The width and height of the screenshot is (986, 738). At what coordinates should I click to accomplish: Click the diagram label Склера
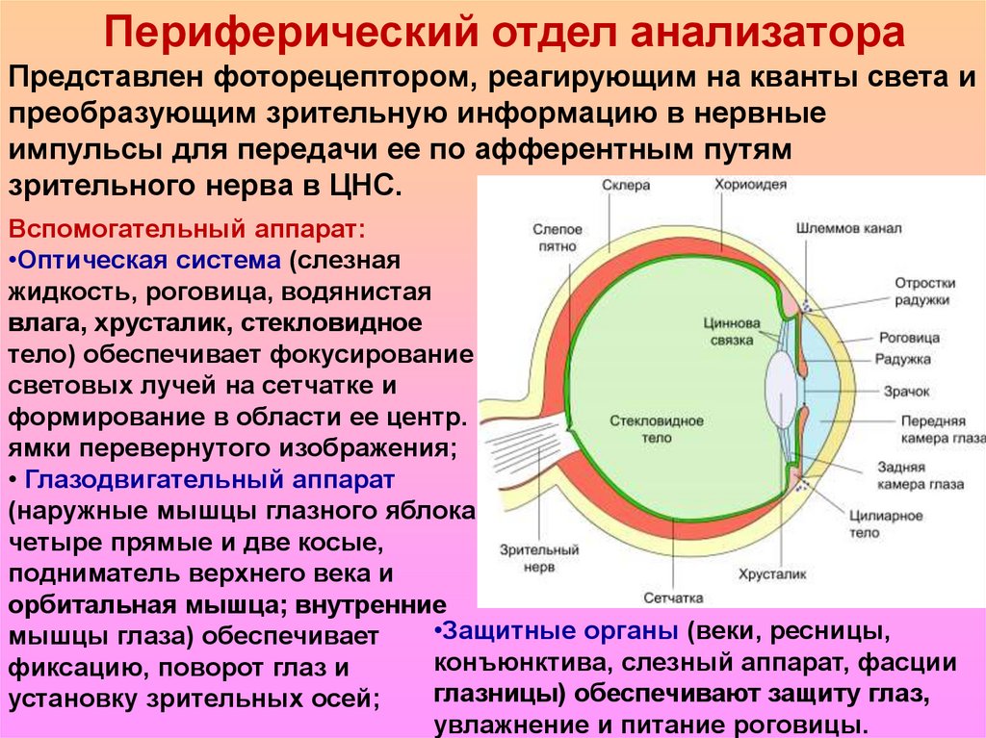[626, 186]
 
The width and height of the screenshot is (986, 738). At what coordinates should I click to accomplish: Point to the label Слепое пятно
[557, 238]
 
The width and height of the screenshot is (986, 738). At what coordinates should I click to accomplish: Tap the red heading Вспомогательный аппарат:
[186, 232]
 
